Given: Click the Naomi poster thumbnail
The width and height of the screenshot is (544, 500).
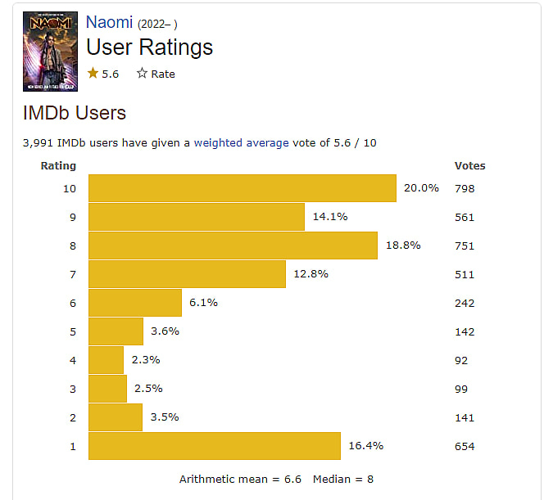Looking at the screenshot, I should tap(50, 51).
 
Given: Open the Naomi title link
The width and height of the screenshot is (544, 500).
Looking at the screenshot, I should tap(110, 22).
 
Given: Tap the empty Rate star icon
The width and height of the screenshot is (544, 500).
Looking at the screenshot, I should tap(142, 74).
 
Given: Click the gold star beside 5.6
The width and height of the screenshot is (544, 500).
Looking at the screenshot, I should tap(93, 74).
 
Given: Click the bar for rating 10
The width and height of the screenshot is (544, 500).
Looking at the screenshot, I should tap(242, 188).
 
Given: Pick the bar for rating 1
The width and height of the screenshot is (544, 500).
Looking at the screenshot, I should tap(214, 446).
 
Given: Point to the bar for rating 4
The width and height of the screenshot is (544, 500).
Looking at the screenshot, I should tap(106, 360).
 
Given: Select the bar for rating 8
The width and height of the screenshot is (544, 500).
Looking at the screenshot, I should tap(233, 245).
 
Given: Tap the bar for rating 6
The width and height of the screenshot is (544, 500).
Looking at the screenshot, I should tap(134, 303).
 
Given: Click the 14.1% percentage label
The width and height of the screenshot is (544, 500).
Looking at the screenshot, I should tap(330, 217).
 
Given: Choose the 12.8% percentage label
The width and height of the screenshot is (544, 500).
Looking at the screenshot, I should tap(311, 274).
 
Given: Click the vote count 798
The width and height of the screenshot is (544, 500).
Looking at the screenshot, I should tap(465, 188).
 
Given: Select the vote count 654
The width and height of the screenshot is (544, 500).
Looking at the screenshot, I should tap(465, 446).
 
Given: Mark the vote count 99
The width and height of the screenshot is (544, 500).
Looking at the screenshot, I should tap(461, 389).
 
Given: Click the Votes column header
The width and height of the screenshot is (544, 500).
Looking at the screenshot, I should tap(469, 165).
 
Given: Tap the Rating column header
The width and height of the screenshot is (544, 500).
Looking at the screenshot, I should tap(58, 165).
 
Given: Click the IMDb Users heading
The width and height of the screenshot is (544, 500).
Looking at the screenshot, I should tap(74, 112).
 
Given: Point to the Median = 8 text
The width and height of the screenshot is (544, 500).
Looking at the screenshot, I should tap(343, 479).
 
